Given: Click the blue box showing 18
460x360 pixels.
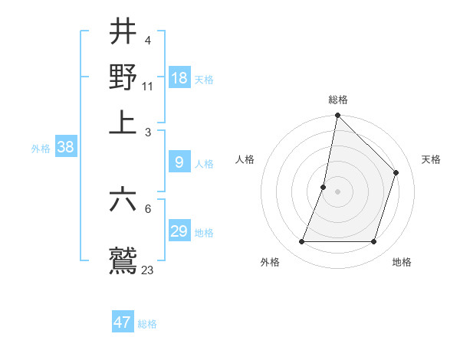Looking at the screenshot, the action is click(x=179, y=77).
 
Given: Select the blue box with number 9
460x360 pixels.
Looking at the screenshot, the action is click(x=179, y=162).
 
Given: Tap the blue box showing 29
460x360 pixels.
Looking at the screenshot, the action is click(x=179, y=231).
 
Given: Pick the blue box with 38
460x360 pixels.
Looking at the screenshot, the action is click(x=65, y=148).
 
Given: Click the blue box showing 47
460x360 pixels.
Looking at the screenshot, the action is click(x=123, y=322).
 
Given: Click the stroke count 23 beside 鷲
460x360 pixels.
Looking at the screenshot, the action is click(x=148, y=270).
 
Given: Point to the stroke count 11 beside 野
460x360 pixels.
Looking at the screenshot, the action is click(x=148, y=86).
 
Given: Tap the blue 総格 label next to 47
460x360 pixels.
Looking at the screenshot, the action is click(x=147, y=324).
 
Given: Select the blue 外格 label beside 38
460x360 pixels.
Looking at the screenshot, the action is click(x=40, y=149).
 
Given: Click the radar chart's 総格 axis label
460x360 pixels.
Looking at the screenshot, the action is click(x=338, y=100).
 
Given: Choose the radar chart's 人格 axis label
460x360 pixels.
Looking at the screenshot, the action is click(x=245, y=159).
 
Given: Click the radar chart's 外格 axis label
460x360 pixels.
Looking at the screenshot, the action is click(x=270, y=262).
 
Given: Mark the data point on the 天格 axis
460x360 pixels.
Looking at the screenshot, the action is click(x=396, y=172).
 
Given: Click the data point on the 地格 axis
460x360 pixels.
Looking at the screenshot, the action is click(x=374, y=242).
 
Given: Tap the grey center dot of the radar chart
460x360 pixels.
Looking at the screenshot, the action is click(x=338, y=191).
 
